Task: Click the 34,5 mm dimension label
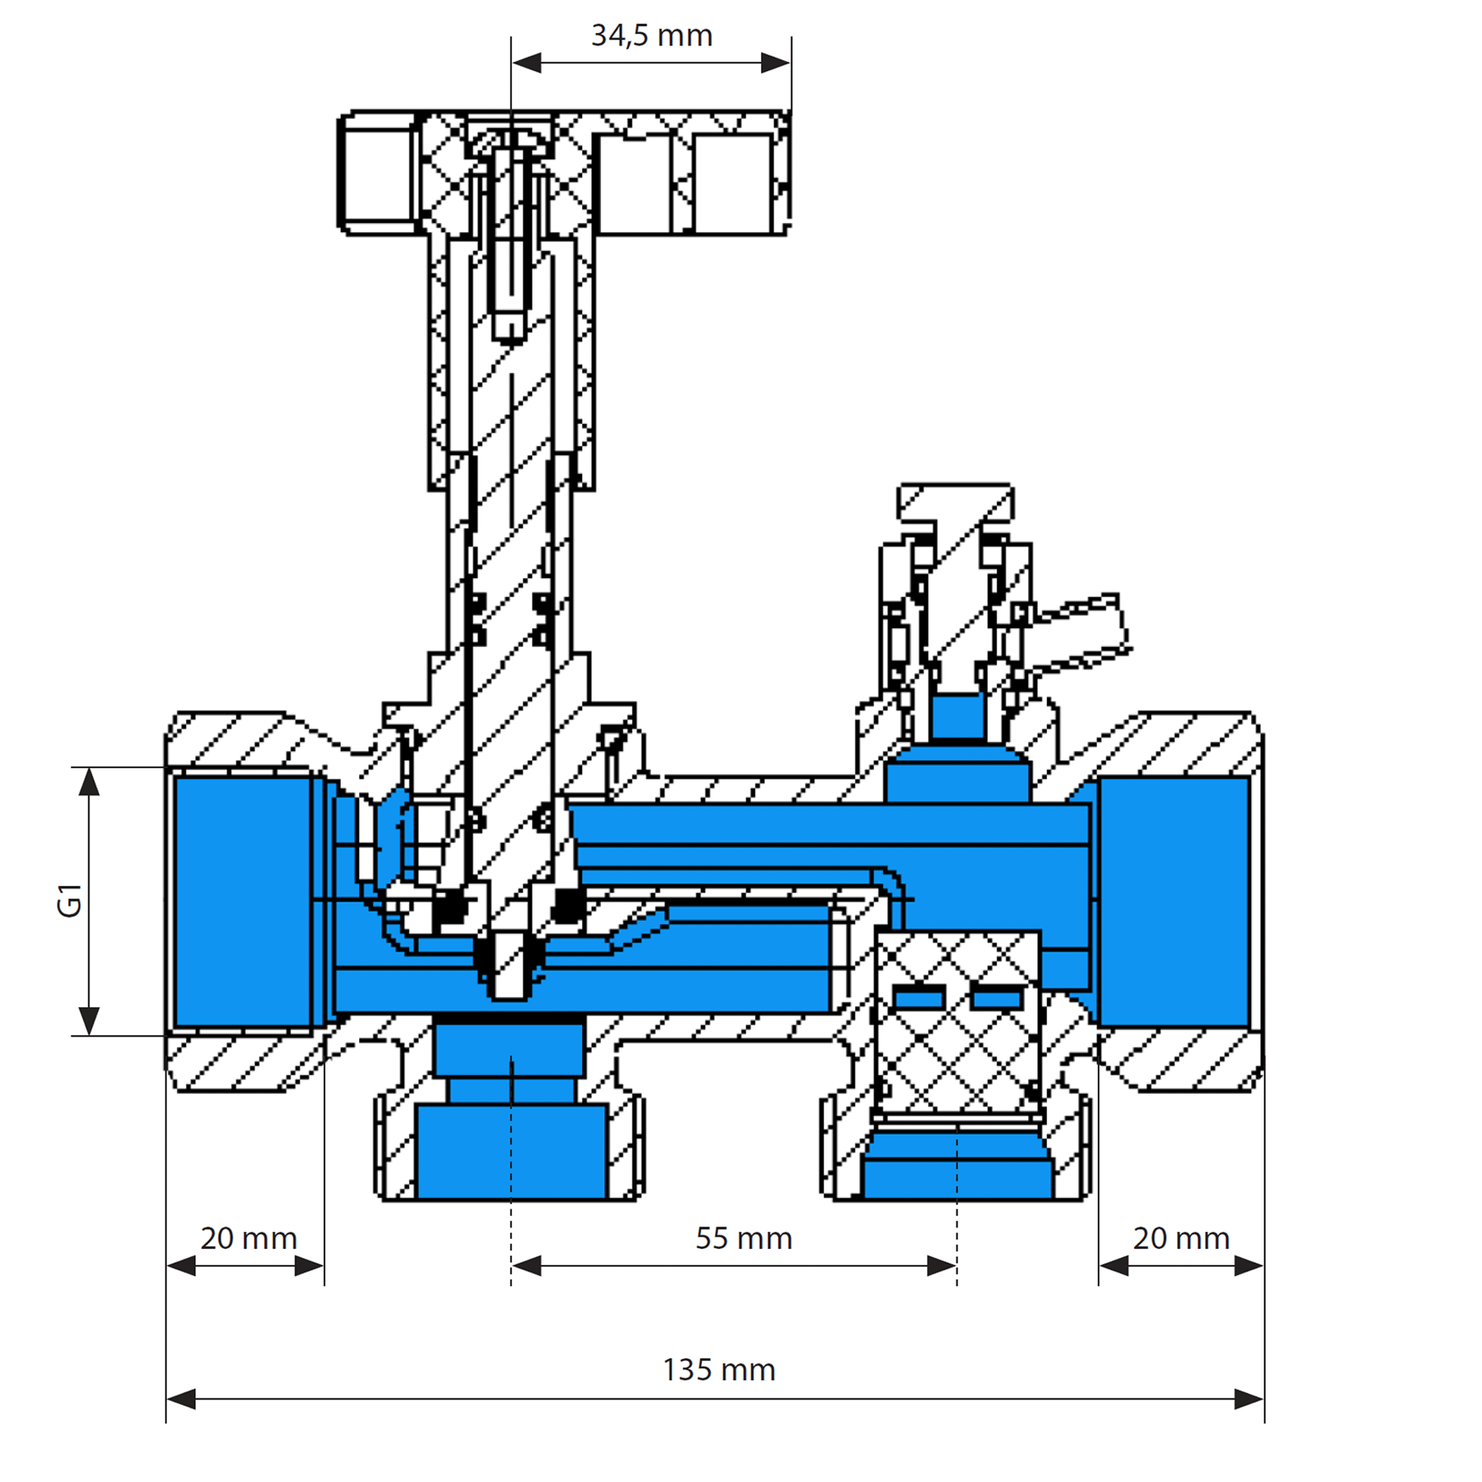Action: click(652, 36)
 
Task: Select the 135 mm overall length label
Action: click(719, 1369)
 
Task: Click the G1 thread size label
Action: click(70, 900)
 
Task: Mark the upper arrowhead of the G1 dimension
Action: click(90, 782)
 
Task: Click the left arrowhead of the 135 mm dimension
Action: click(181, 1399)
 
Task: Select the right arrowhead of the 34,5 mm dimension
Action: click(775, 63)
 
